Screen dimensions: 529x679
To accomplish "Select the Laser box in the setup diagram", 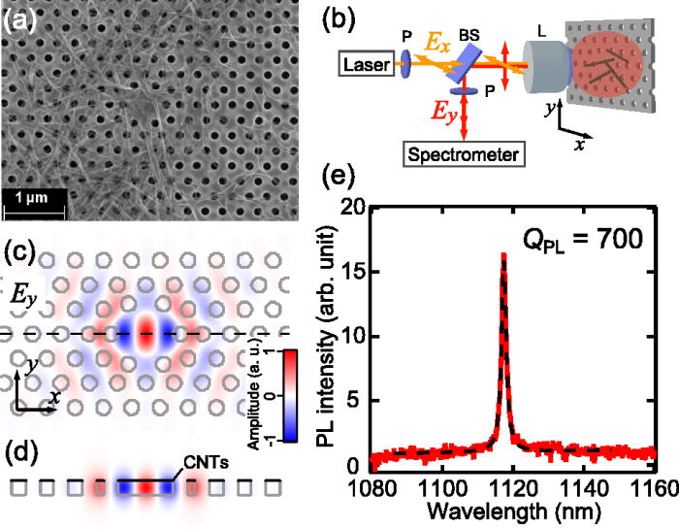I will [x=367, y=66].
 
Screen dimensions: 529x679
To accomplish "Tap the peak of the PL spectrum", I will [x=502, y=254].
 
